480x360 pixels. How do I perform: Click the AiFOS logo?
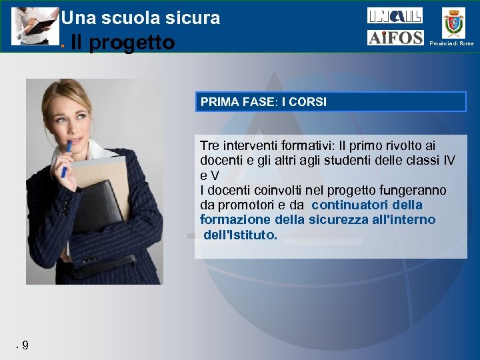pyautogui.click(x=395, y=38)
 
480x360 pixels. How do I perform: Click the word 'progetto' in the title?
pyautogui.click(x=131, y=43)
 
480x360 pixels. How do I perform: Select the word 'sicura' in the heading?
pyautogui.click(x=195, y=18)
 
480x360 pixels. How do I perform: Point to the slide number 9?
pyautogui.click(x=25, y=345)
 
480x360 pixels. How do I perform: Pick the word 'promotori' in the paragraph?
pyautogui.click(x=253, y=205)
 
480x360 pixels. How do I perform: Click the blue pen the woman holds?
pyautogui.click(x=66, y=159)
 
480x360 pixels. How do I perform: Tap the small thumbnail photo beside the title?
pyautogui.click(x=35, y=26)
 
